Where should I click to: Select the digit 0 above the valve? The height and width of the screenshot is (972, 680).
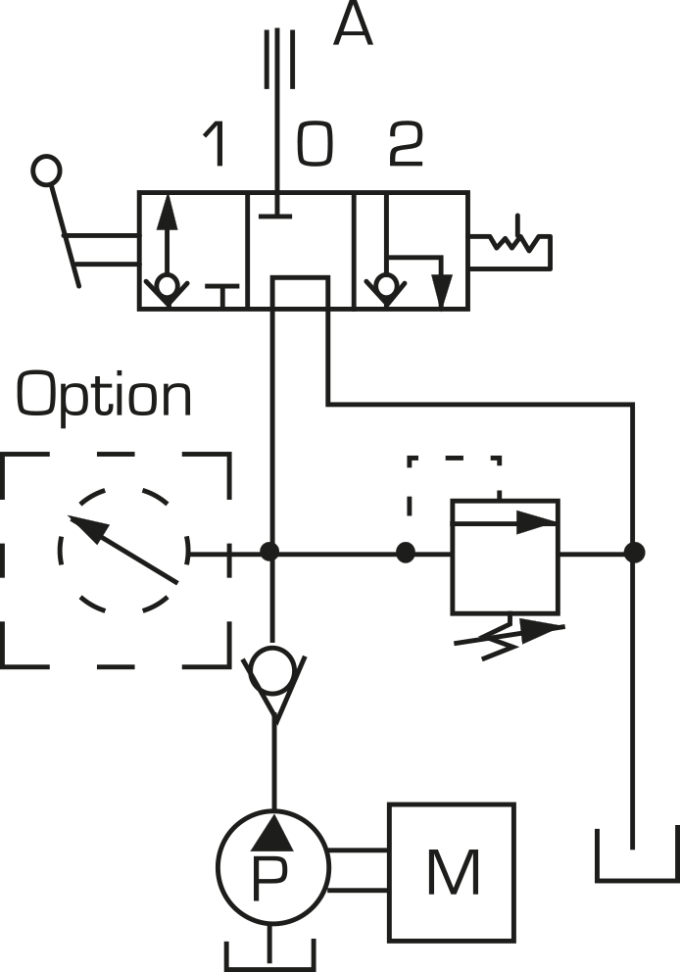click(x=315, y=144)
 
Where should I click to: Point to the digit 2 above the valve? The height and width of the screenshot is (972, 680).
click(x=406, y=144)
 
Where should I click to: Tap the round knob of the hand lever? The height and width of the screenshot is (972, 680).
click(x=46, y=170)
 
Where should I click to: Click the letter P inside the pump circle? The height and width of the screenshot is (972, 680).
click(x=270, y=878)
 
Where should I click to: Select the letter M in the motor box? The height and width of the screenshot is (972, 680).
click(x=454, y=873)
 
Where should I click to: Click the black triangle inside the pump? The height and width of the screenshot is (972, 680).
click(x=272, y=833)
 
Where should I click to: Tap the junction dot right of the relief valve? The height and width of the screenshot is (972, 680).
click(x=634, y=553)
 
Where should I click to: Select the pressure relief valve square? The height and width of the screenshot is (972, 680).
click(x=506, y=557)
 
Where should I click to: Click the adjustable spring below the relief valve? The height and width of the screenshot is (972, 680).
click(x=510, y=639)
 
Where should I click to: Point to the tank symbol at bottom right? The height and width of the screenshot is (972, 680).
click(x=638, y=855)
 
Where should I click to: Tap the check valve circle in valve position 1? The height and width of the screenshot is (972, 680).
click(x=168, y=286)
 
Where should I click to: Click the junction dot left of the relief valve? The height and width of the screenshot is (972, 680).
click(x=406, y=553)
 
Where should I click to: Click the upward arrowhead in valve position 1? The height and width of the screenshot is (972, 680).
click(x=168, y=212)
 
